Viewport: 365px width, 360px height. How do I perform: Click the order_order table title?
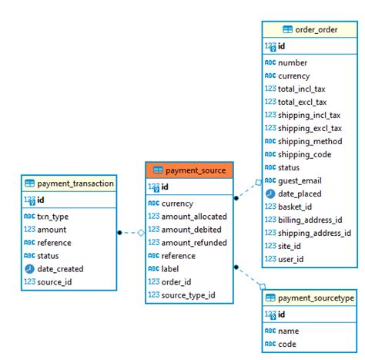317,29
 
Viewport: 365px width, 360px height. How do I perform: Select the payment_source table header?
189,170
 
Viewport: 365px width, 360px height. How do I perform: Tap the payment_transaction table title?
75,183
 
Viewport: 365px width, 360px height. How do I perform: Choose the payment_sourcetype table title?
315,298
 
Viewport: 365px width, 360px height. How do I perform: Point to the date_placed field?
300,193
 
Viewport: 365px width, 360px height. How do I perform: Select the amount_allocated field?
194,217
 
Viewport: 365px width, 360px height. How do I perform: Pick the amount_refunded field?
193,243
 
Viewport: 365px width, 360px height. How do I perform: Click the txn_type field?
52,217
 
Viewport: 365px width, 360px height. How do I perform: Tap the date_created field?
60,269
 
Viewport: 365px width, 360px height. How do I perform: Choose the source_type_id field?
188,295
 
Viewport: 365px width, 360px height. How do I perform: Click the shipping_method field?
310,141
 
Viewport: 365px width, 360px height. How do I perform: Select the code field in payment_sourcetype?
287,344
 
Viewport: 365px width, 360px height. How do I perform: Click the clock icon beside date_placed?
270,193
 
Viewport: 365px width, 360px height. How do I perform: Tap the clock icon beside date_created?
29,269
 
